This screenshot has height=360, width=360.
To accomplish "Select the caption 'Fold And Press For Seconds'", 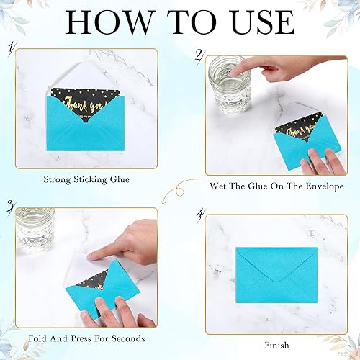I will [86, 338].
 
